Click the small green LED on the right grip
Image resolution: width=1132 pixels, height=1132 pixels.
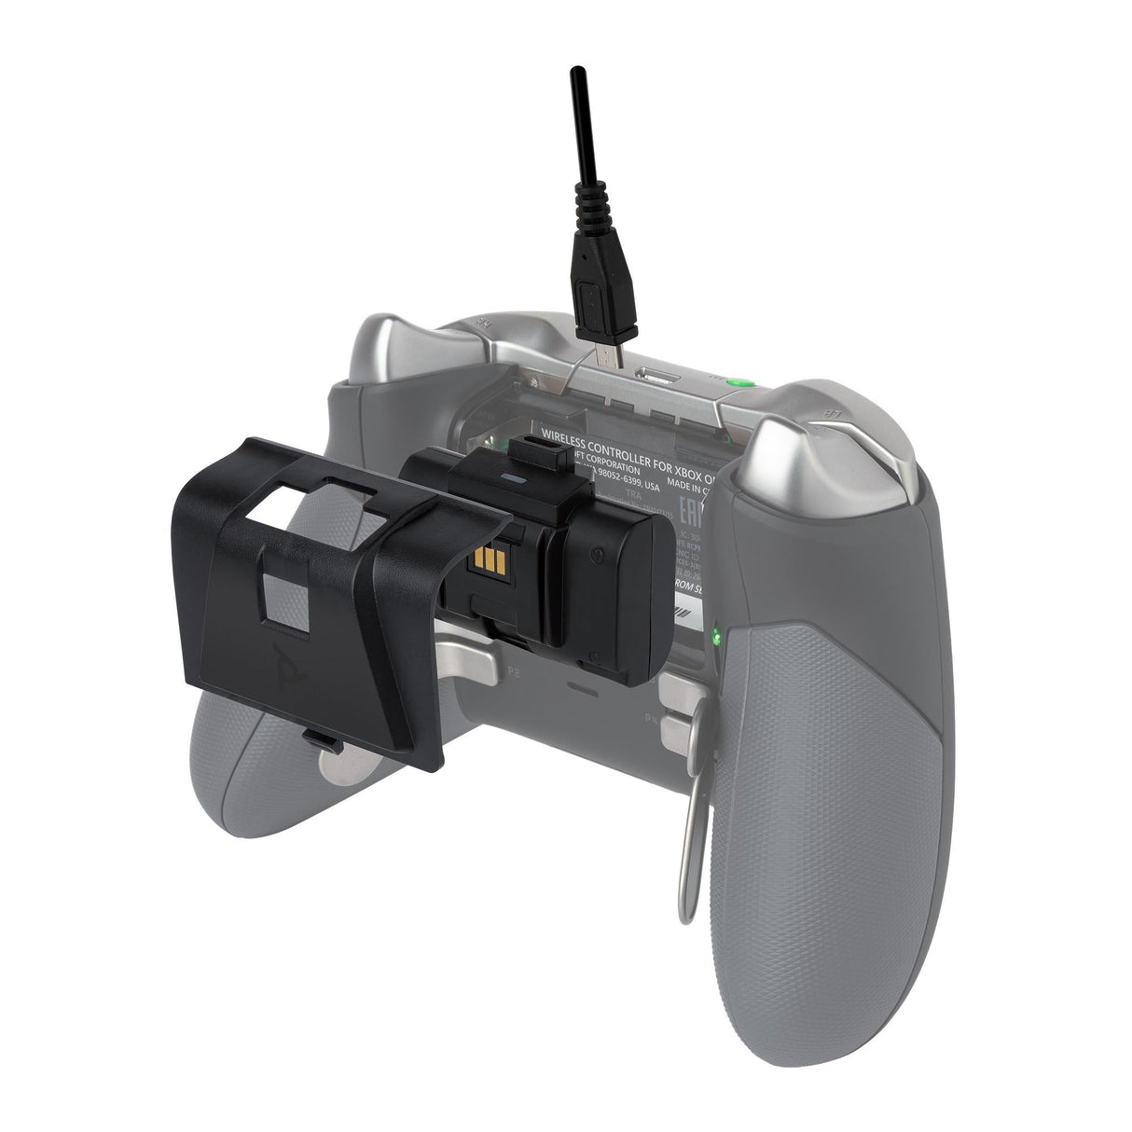tap(714, 639)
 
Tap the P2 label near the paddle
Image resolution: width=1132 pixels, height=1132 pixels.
tap(512, 670)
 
